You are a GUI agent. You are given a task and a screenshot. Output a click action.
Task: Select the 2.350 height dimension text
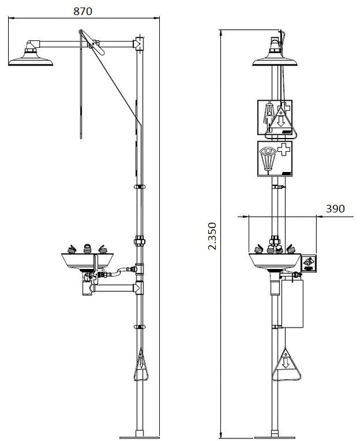coord(212,236)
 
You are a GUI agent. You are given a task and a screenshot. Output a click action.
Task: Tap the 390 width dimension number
coord(335,209)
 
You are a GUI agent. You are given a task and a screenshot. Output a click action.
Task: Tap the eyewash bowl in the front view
coord(273,260)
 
